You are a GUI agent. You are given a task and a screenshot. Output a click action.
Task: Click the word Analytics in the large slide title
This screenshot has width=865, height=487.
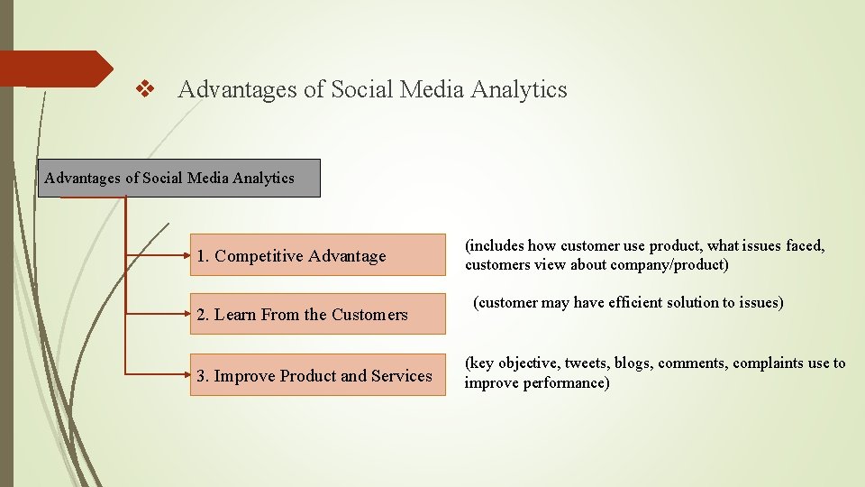[523, 89]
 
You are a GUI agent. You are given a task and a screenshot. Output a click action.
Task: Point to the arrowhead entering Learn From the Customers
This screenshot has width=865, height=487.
[187, 314]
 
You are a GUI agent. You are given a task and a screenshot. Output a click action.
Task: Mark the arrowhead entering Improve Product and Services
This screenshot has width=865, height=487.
[187, 372]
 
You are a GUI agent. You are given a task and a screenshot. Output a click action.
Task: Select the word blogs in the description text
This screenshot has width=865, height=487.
[634, 363]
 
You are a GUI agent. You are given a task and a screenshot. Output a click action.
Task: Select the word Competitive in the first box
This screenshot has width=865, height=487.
[259, 256]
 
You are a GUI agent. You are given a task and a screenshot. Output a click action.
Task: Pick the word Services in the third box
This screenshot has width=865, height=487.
[402, 376]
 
